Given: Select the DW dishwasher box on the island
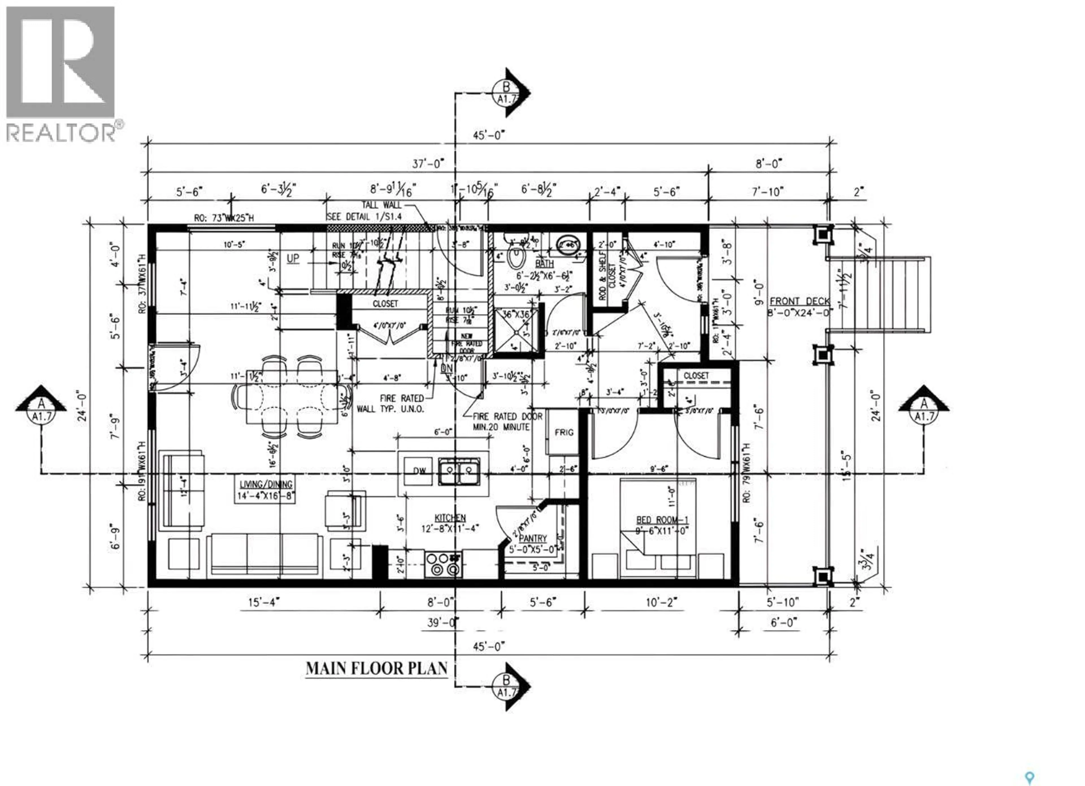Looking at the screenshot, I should coord(419,471).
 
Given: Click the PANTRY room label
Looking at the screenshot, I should coord(532,539).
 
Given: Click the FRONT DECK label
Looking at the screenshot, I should coord(799,301).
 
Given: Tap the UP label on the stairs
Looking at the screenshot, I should coord(293,258).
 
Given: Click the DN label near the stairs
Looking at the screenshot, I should coord(446,368).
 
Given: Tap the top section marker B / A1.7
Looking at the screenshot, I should coord(507,93).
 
